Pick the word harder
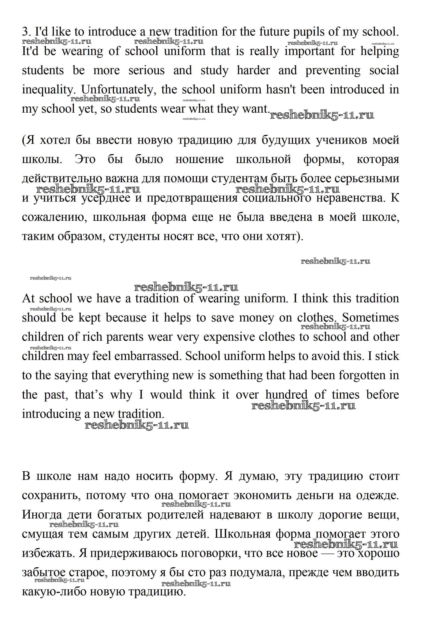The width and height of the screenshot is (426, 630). tap(253, 70)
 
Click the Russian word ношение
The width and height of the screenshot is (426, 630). tap(199, 159)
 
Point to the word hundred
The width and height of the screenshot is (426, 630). tap(286, 395)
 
